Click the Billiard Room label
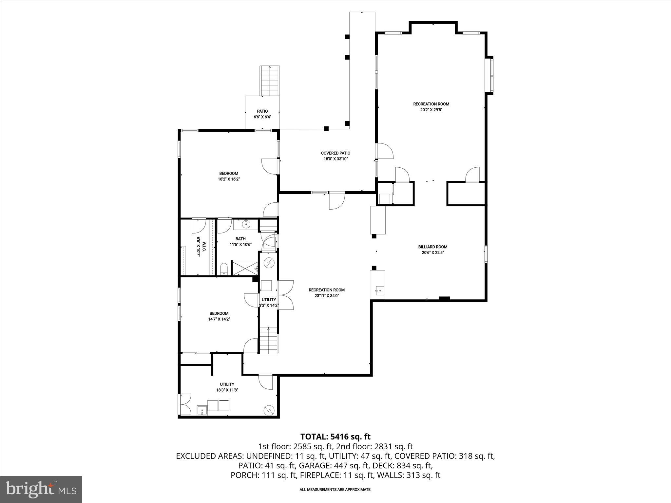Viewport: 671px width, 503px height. pyautogui.click(x=432, y=247)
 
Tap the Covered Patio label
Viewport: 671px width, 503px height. pyautogui.click(x=335, y=153)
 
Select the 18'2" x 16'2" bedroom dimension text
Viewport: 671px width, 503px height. pyautogui.click(x=229, y=179)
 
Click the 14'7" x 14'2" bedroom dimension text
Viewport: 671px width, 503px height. pyautogui.click(x=219, y=319)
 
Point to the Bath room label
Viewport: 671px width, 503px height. pyautogui.click(x=240, y=239)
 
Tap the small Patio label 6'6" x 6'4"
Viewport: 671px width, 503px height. pyautogui.click(x=262, y=111)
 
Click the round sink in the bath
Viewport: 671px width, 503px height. pyautogui.click(x=246, y=224)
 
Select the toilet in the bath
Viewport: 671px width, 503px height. pyautogui.click(x=224, y=269)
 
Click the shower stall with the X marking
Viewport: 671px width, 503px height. pyautogui.click(x=245, y=268)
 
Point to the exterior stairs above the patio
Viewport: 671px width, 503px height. pyautogui.click(x=270, y=80)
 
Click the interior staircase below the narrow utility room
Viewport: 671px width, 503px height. pyautogui.click(x=269, y=341)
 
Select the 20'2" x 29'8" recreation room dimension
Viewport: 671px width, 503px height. pyautogui.click(x=431, y=110)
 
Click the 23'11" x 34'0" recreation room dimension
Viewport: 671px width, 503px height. pyautogui.click(x=326, y=295)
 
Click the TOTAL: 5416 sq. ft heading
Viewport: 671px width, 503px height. pyautogui.click(x=335, y=437)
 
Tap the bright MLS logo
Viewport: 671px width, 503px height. pyautogui.click(x=41, y=489)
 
